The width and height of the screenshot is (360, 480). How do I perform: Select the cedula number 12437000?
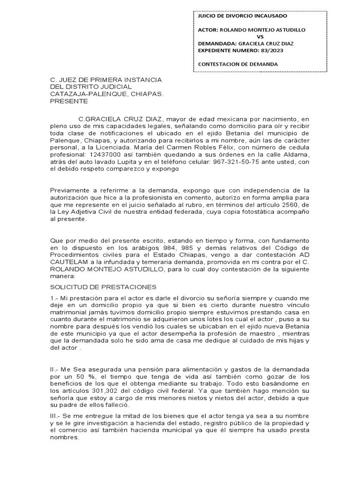104,154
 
